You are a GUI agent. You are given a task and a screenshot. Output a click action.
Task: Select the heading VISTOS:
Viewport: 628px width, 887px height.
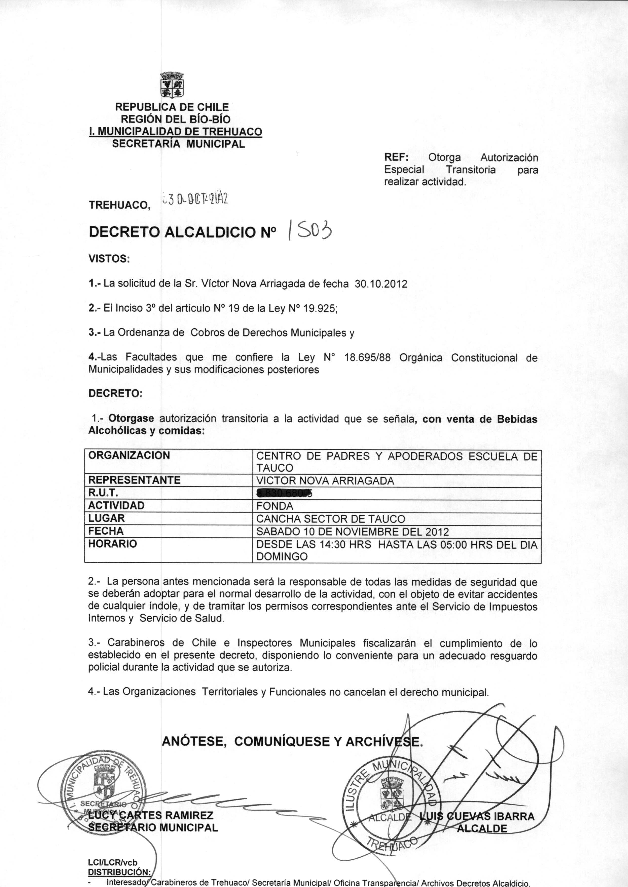(109, 258)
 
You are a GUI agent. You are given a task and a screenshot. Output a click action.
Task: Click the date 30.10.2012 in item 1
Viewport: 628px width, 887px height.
(381, 284)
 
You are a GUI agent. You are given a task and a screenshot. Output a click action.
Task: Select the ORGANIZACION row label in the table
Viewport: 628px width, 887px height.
(129, 455)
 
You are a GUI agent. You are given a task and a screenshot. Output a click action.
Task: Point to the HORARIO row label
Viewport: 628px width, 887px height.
(112, 544)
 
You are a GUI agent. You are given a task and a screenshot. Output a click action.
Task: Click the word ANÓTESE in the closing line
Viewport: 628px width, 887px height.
(194, 741)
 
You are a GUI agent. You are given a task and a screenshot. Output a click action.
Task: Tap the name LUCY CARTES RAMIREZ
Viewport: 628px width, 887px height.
(151, 816)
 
